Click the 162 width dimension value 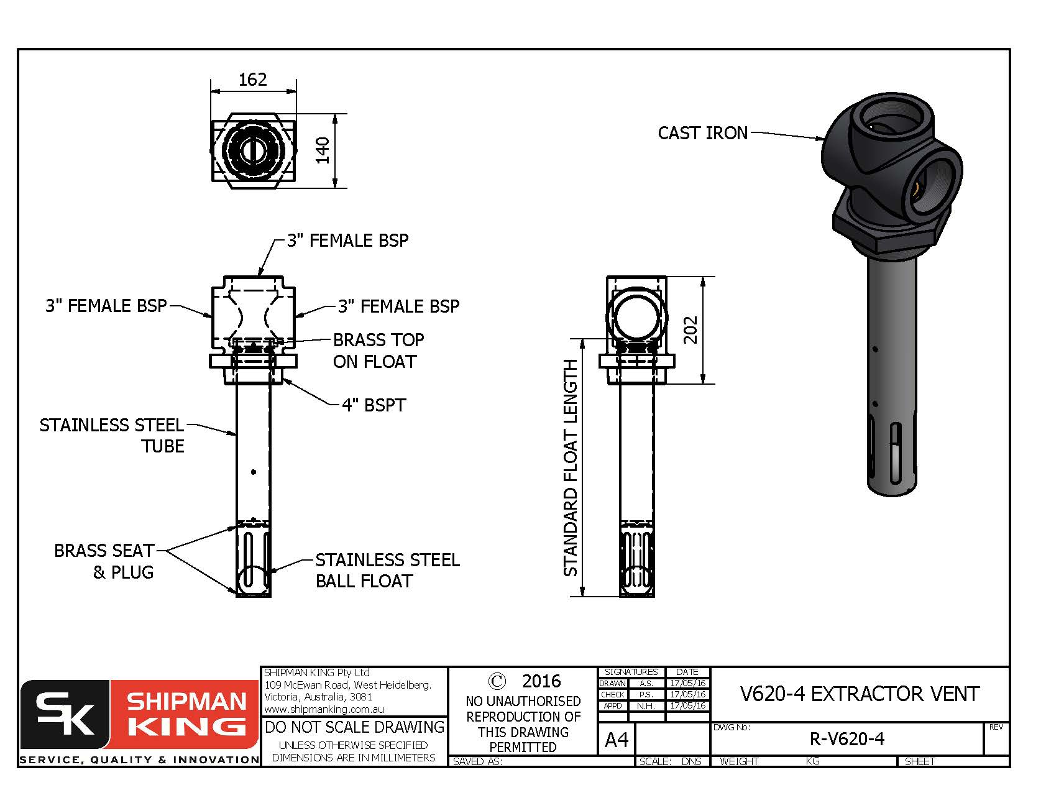tap(252, 80)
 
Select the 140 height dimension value tap(322, 150)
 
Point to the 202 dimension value tap(690, 330)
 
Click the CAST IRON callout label tap(702, 133)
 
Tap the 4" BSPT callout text tap(374, 405)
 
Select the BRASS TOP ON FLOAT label tap(378, 351)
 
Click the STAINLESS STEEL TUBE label tap(112, 436)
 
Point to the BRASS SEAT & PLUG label tap(104, 561)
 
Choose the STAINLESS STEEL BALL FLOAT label tap(387, 571)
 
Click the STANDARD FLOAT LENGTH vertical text tap(571, 467)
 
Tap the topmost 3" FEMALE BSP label tap(347, 241)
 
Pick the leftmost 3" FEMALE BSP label tap(106, 306)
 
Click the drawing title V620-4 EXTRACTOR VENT tap(860, 694)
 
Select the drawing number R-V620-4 tap(846, 739)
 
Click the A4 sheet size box tap(617, 740)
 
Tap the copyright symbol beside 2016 tap(497, 681)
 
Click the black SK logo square tap(65, 715)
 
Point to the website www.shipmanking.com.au tap(324, 709)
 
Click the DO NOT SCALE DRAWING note tap(354, 727)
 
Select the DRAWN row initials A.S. tap(646, 683)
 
